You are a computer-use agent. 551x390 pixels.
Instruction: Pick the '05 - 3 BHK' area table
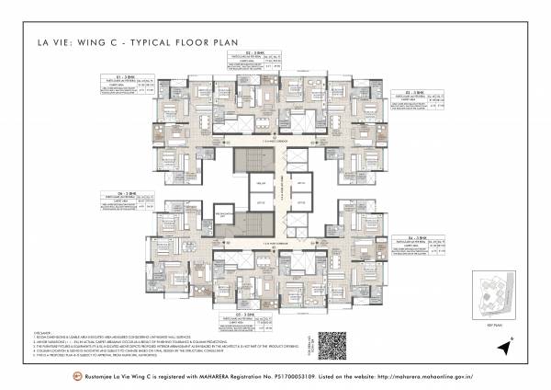pos(246,323)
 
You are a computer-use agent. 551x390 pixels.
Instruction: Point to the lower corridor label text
pos(275,242)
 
